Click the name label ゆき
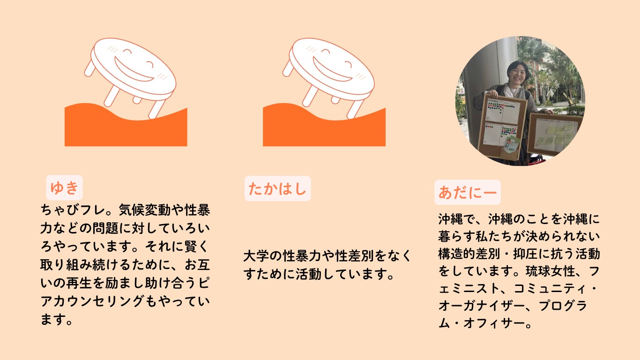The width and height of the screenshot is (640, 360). point(64,187)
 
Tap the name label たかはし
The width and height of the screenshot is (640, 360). point(277,189)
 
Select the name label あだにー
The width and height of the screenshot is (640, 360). point(468,192)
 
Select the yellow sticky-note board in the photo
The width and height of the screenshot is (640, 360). point(555,134)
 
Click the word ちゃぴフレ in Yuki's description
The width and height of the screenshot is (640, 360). point(73,210)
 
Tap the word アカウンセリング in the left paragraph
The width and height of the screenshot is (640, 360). point(92,301)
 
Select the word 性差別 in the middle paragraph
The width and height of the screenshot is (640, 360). point(354,256)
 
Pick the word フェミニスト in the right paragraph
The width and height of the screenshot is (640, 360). point(470,289)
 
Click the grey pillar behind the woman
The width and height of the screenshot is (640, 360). point(486,75)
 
